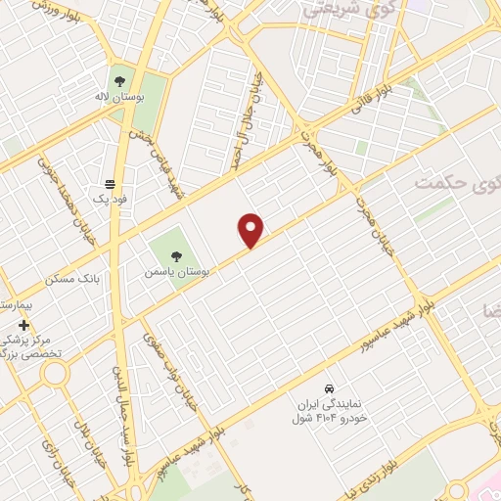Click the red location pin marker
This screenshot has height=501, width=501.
[x=251, y=230]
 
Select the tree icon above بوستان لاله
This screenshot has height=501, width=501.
[x=120, y=80]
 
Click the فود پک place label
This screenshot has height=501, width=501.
[x=110, y=200]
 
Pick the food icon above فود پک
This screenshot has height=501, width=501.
[x=110, y=184]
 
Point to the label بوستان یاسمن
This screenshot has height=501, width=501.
[x=172, y=270]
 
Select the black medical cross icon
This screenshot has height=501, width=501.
[x=24, y=324]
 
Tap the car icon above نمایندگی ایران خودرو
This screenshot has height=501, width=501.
[x=331, y=387]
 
